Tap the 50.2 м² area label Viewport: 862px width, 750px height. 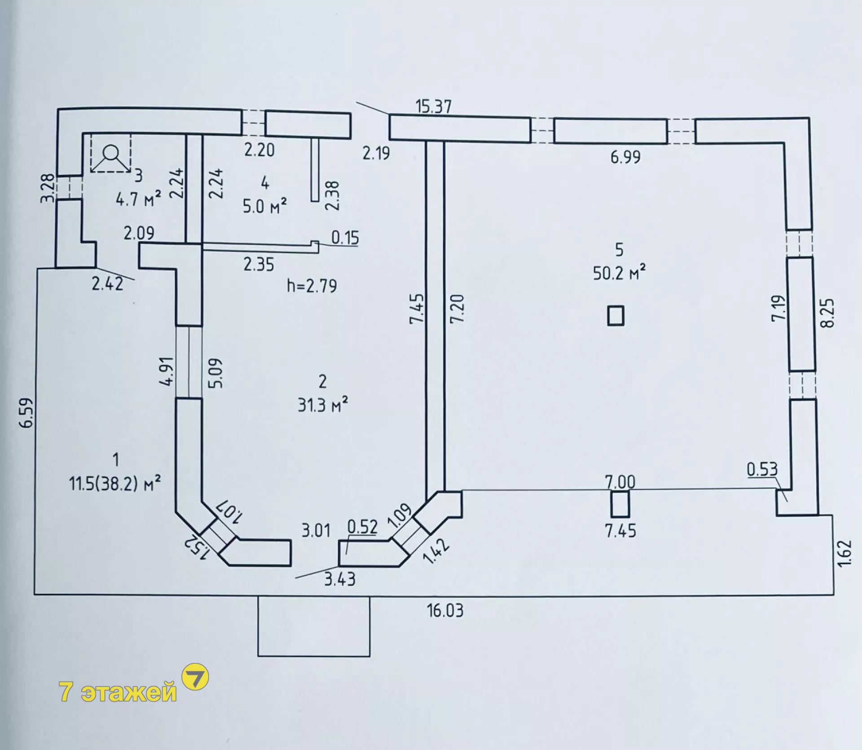point(620,272)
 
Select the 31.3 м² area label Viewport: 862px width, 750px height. point(322,405)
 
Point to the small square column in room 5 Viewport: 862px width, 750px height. point(616,315)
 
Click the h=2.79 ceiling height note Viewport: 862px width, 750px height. point(312,286)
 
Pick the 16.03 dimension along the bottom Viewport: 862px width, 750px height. point(445,611)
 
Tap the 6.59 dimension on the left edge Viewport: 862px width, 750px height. point(28,412)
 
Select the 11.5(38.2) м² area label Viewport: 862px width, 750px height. point(115,484)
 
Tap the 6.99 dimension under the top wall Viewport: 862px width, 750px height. point(625,157)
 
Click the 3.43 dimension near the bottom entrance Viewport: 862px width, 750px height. point(340,579)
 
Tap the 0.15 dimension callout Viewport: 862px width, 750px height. point(345,237)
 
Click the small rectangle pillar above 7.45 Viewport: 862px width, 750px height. point(620,504)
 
